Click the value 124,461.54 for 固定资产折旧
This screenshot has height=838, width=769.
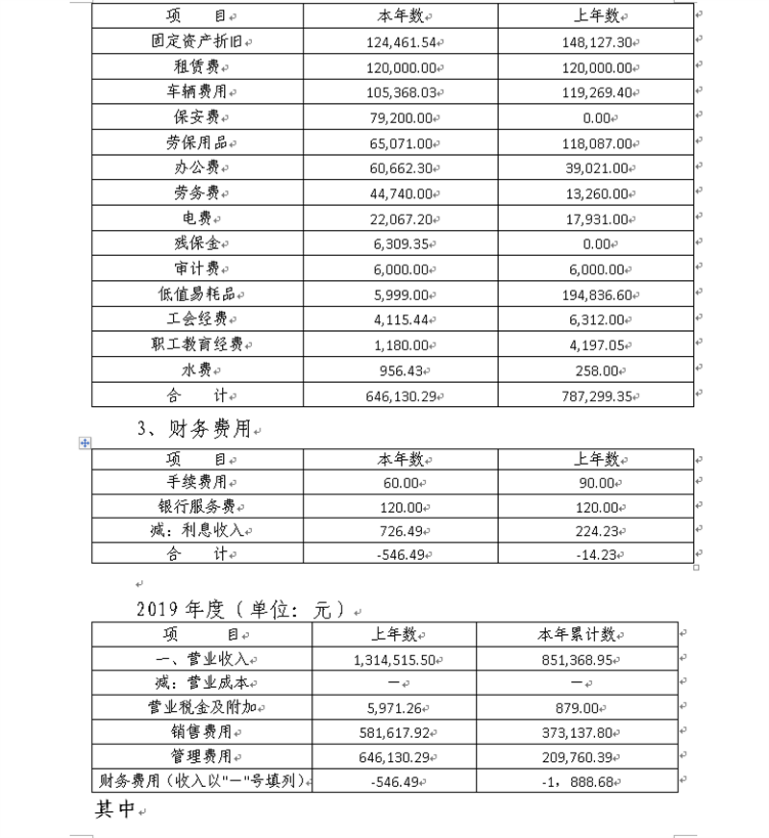pyautogui.click(x=400, y=42)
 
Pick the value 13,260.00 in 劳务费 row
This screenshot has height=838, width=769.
pyautogui.click(x=596, y=193)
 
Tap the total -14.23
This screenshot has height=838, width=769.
pyautogui.click(x=596, y=553)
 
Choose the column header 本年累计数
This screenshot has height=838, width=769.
pyautogui.click(x=576, y=635)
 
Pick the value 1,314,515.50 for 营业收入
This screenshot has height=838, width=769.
pyautogui.click(x=390, y=660)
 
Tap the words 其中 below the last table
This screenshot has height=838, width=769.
pyautogui.click(x=114, y=810)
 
